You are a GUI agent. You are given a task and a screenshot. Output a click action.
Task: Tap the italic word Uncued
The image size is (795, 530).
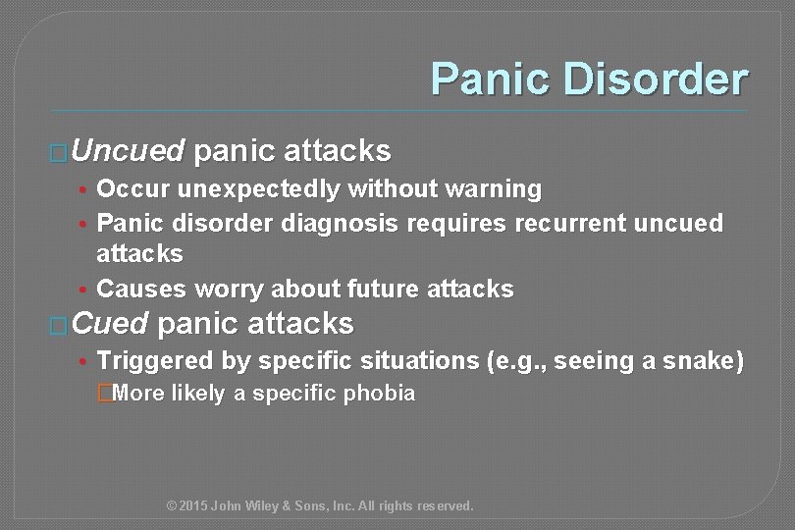coord(128,151)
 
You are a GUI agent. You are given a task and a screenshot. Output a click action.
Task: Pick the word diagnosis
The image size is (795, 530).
coord(340,223)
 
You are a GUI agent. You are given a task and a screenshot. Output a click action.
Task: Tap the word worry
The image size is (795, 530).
coord(227,289)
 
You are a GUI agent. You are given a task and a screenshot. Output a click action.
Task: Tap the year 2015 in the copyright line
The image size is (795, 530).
coord(194,506)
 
